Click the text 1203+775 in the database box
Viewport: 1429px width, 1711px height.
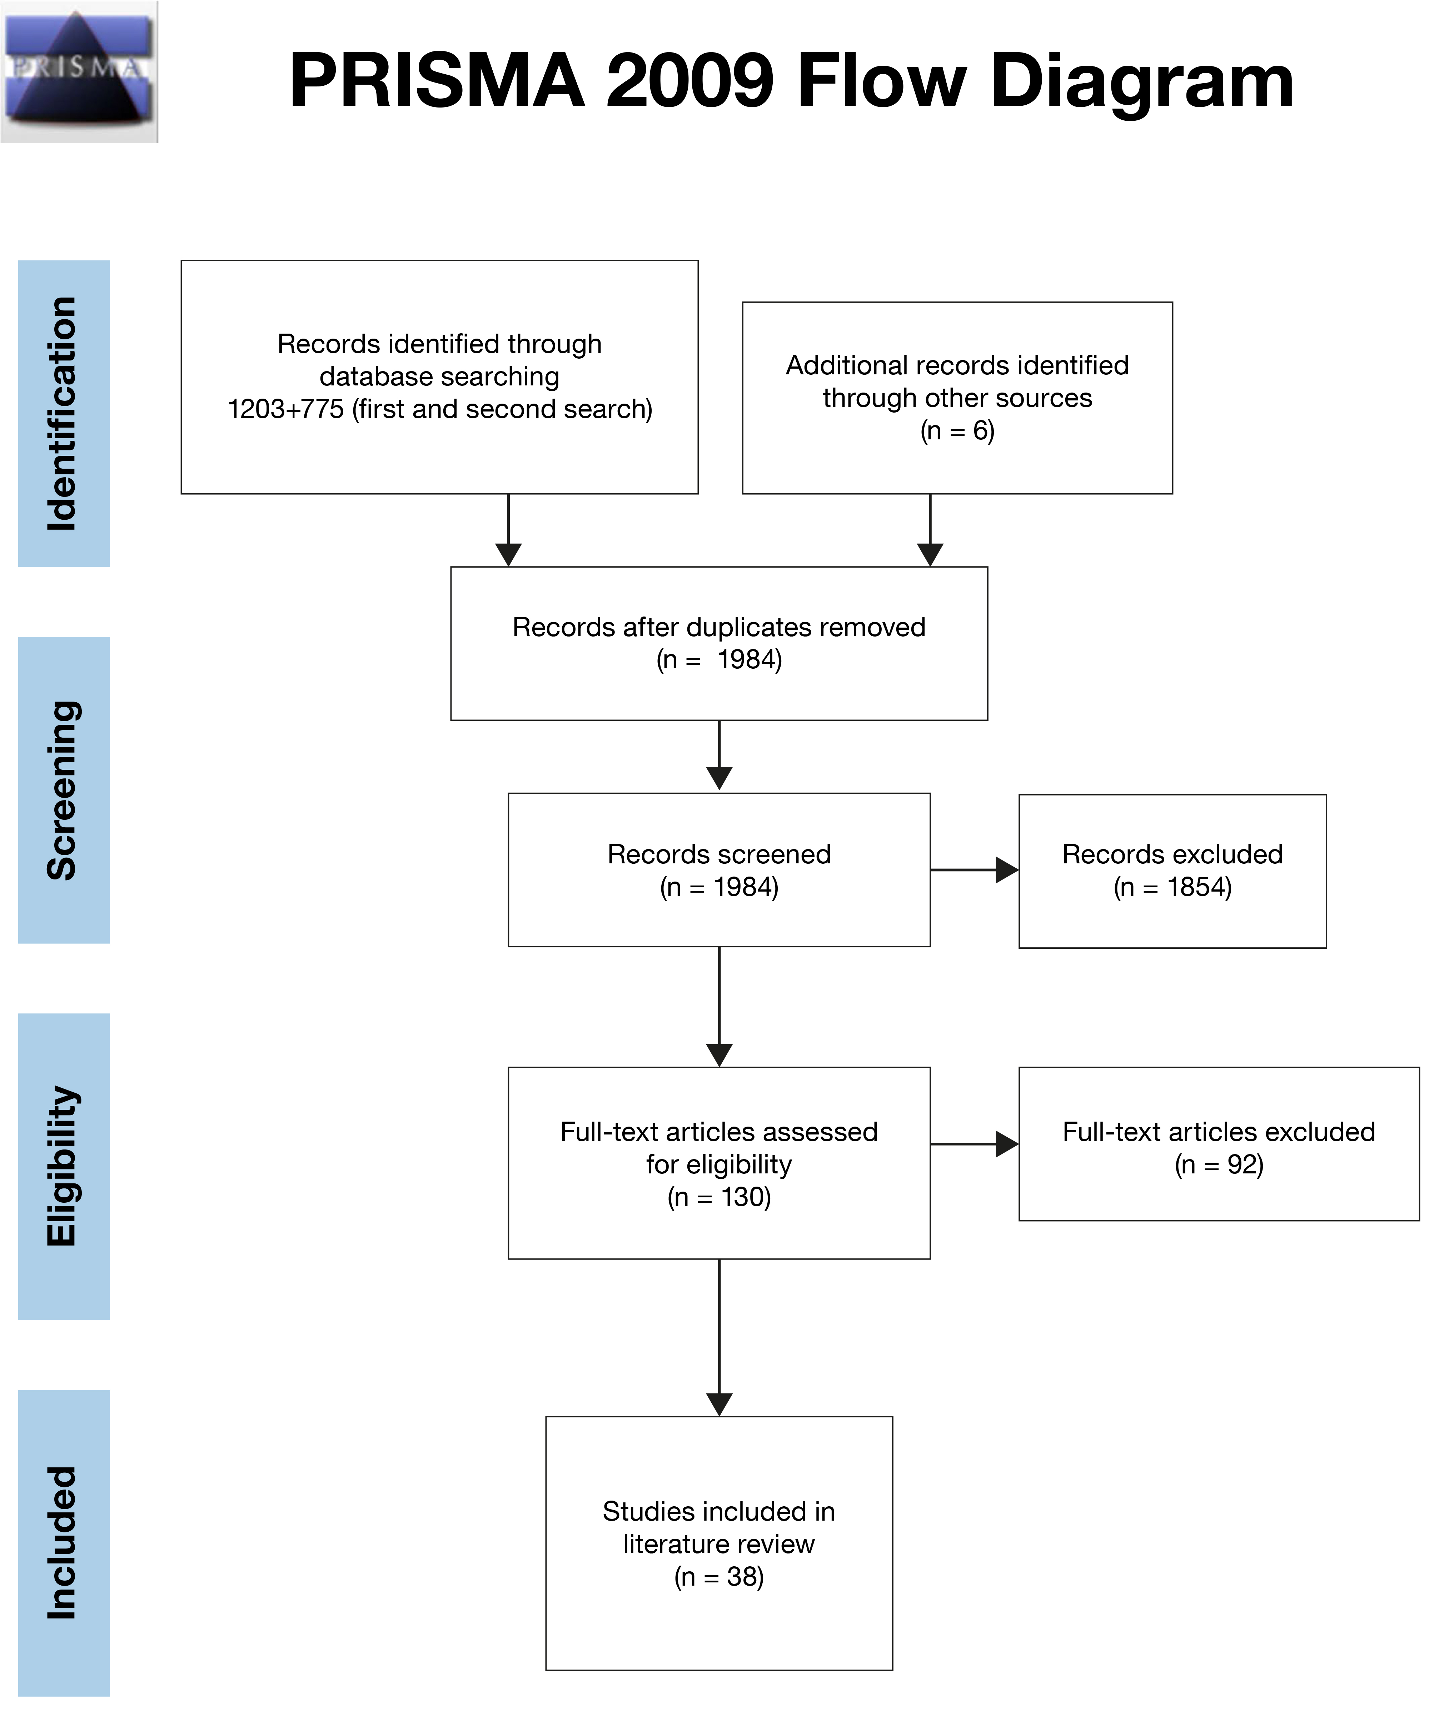pos(286,409)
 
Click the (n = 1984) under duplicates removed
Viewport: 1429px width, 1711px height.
pos(720,660)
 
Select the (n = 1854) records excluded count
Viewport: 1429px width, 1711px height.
pos(1172,887)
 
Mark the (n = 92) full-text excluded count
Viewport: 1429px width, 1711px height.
pos(1219,1165)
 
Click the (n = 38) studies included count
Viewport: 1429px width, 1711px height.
pos(720,1577)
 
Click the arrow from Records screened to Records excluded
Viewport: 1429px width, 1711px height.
pos(974,870)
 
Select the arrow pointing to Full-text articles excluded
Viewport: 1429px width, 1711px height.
pos(974,1144)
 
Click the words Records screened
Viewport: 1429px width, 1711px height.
pos(720,855)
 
